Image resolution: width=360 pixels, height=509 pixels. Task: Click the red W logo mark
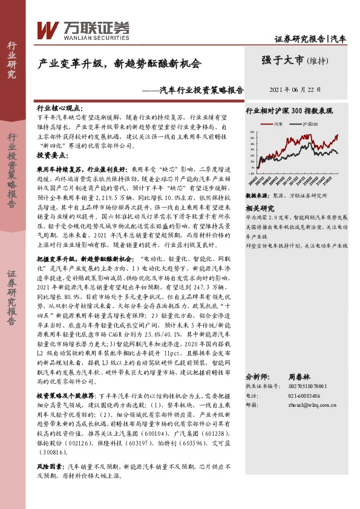tap(47, 29)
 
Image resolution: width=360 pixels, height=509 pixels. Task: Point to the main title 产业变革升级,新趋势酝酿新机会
tap(119, 63)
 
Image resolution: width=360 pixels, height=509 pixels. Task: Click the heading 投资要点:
tap(54, 155)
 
